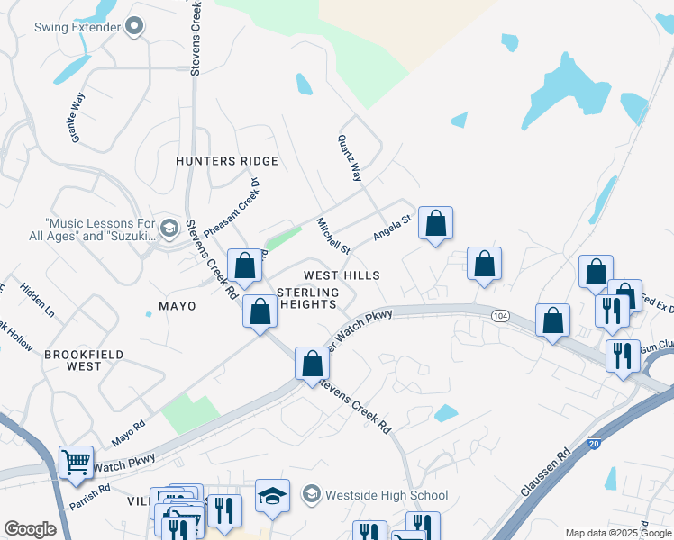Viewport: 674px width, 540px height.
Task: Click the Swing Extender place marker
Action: (x=134, y=27)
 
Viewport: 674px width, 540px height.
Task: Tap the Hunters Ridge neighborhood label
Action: (x=226, y=160)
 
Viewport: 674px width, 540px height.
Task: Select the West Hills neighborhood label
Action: (x=342, y=275)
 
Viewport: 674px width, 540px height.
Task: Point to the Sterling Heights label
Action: (x=308, y=299)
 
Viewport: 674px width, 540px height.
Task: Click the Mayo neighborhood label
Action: (x=178, y=306)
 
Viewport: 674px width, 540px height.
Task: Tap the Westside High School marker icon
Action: (x=311, y=494)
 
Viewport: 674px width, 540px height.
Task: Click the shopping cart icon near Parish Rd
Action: (x=76, y=463)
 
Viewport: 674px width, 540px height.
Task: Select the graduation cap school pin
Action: (x=271, y=496)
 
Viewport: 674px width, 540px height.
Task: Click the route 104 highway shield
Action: (x=501, y=316)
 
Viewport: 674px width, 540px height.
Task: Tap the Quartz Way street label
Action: (x=350, y=158)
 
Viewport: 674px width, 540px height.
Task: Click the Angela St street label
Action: (x=392, y=226)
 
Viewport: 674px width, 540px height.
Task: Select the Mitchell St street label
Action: (x=332, y=235)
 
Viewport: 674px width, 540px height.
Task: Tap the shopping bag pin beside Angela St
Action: (x=435, y=223)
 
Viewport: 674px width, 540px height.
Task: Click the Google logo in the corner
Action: (x=30, y=529)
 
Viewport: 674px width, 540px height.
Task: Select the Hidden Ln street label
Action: (x=37, y=301)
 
